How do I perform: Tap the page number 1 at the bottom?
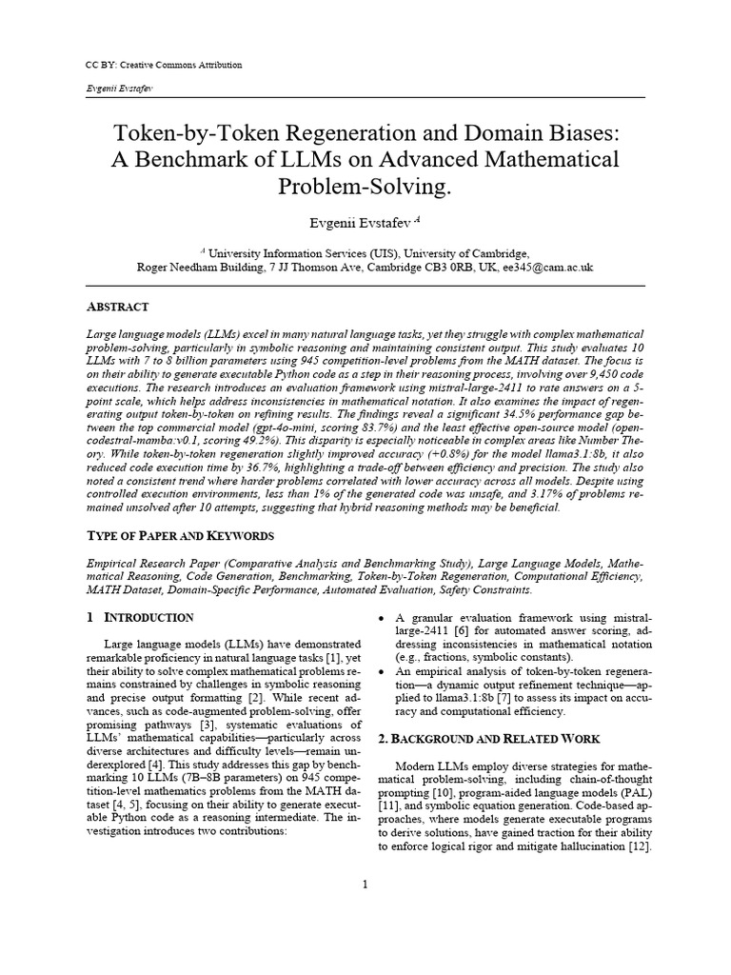tap(365, 885)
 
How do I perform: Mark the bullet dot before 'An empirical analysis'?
tap(383, 671)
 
